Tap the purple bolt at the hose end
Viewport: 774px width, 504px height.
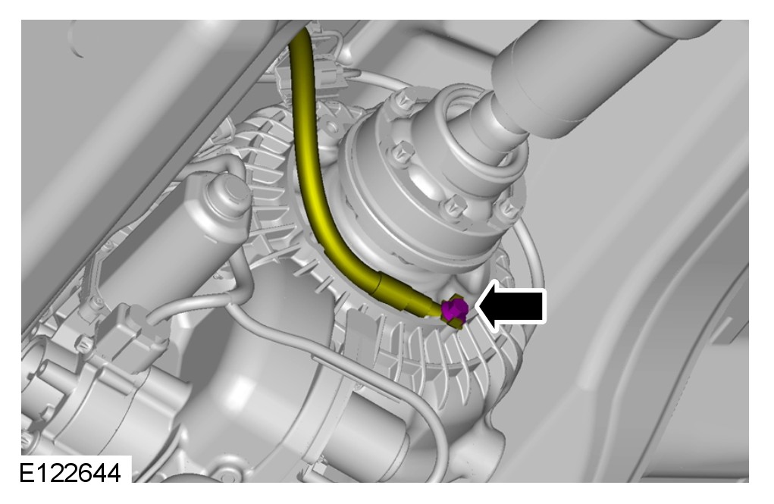455,309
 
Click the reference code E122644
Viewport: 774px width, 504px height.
71,472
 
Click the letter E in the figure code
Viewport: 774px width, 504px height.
27,473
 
